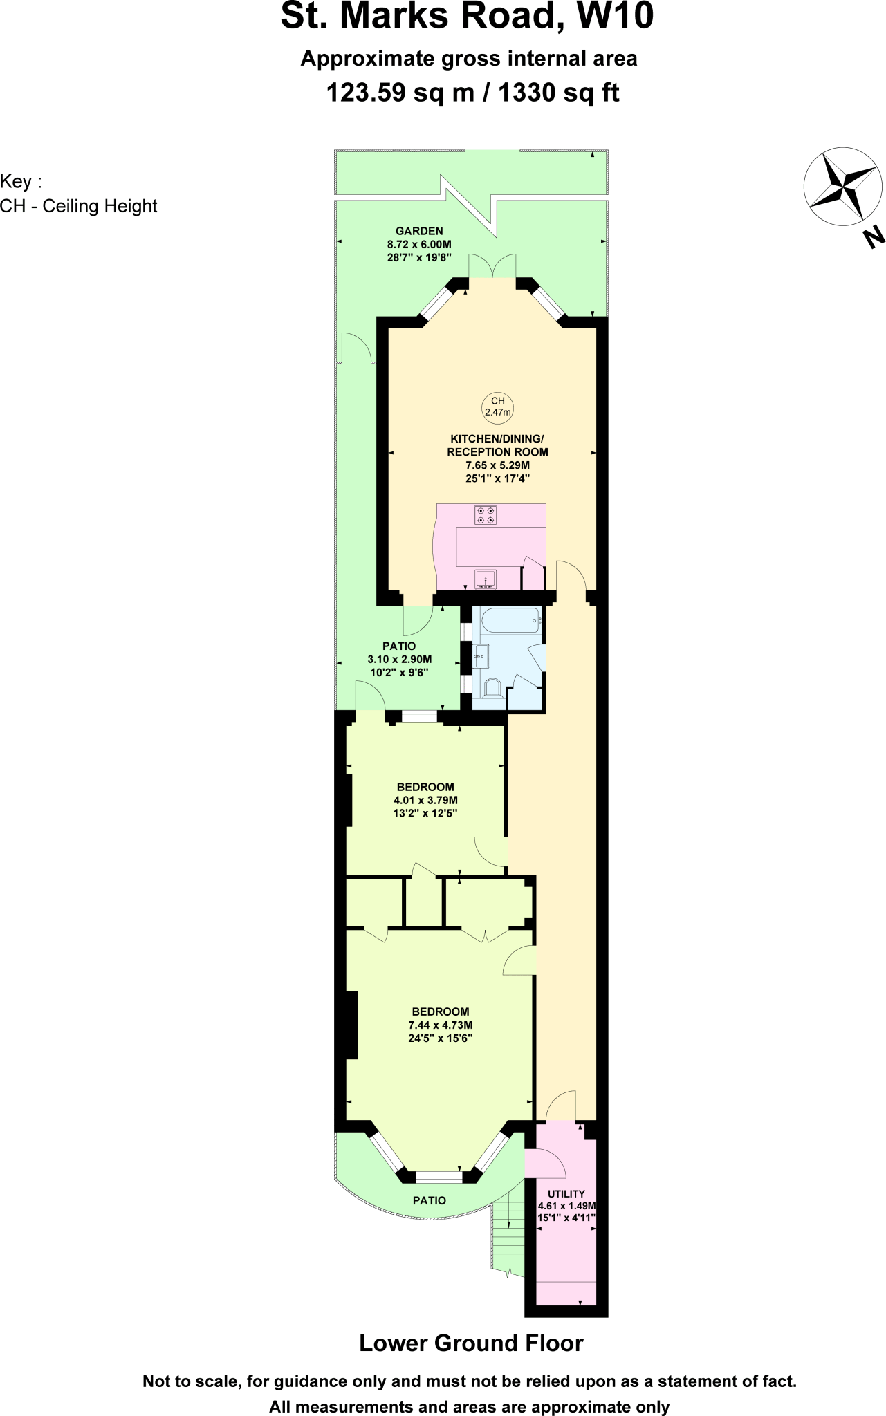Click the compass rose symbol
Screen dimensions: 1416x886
842,186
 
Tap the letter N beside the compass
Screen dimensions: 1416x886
874,237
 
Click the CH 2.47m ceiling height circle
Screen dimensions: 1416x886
497,407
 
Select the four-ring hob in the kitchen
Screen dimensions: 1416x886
485,515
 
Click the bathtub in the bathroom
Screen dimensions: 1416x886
511,620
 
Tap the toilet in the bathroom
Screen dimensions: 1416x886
492,688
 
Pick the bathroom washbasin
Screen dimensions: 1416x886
481,655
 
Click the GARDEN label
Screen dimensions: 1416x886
419,231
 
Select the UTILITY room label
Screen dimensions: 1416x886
566,1194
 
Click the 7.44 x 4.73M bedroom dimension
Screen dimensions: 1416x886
441,1025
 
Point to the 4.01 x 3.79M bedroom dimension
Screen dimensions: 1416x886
425,800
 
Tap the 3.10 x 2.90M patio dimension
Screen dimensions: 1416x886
399,659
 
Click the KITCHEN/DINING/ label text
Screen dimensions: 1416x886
497,438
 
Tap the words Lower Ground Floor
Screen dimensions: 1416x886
470,1343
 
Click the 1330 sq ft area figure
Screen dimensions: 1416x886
558,92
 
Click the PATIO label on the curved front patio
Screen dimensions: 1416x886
429,1200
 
